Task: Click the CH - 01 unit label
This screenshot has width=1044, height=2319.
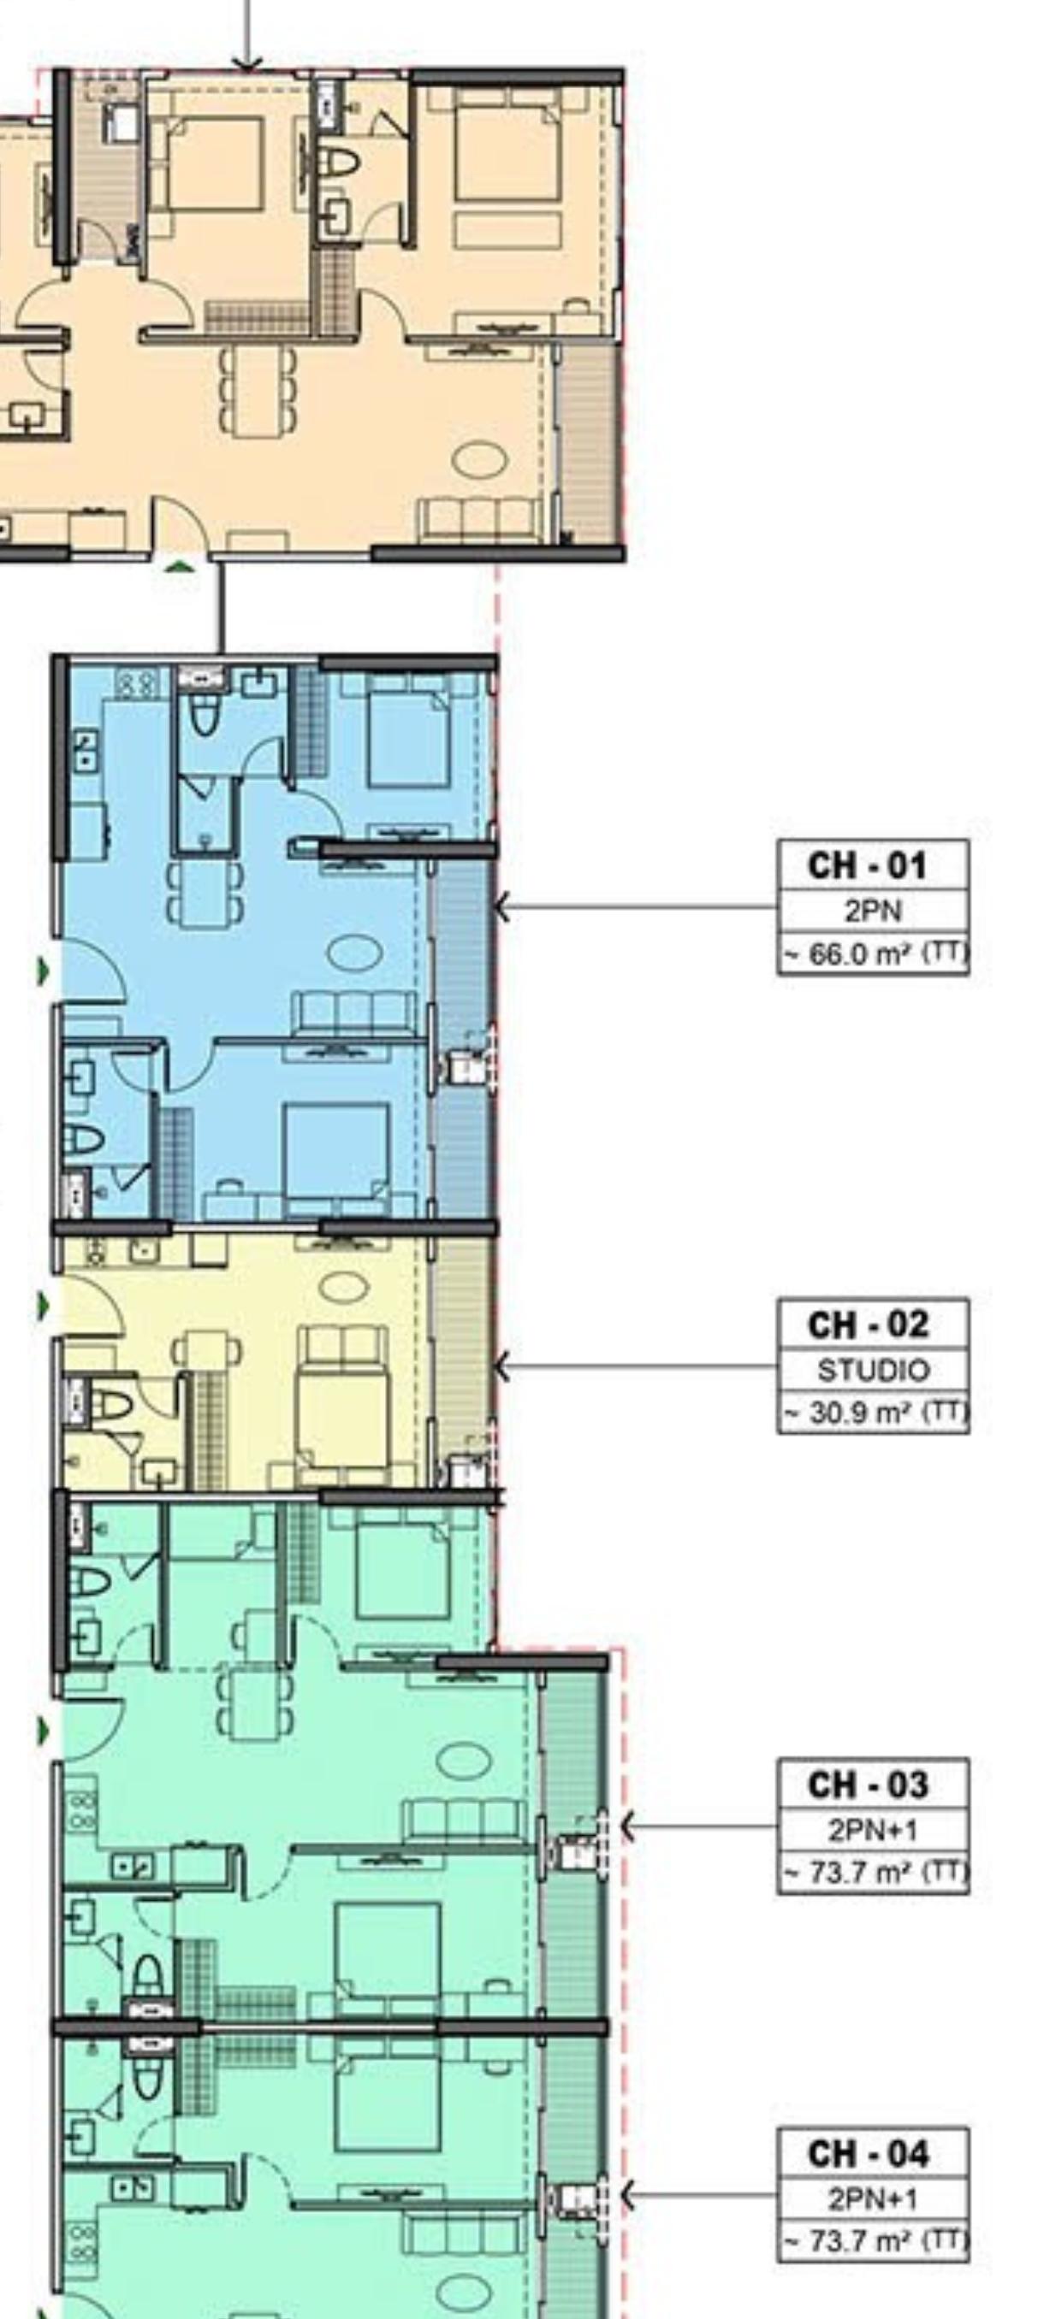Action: [x=867, y=866]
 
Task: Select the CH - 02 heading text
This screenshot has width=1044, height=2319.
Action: [x=867, y=1325]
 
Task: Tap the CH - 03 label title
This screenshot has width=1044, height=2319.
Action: [x=867, y=1785]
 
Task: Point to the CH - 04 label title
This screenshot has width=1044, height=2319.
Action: [x=867, y=2153]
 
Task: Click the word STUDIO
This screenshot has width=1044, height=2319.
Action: [x=872, y=1370]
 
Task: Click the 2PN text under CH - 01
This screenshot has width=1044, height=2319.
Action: [x=872, y=911]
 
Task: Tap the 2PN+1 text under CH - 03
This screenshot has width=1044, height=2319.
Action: [x=872, y=1829]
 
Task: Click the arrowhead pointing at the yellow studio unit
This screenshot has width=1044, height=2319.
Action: [x=501, y=1367]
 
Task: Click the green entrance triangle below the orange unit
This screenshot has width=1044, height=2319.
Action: [x=181, y=566]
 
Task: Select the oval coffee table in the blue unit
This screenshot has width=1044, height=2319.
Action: [x=354, y=953]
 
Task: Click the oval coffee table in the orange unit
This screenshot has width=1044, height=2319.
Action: [x=479, y=461]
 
